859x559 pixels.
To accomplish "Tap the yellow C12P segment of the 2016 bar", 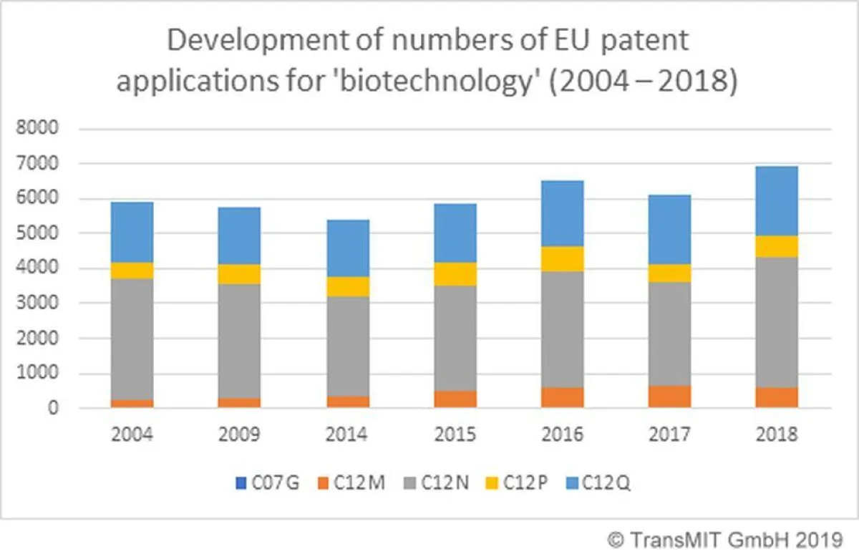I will point(562,259).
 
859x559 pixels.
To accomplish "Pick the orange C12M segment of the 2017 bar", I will point(669,397).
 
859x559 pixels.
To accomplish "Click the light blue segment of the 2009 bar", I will point(240,236).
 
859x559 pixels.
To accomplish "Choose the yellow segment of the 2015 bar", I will point(455,274).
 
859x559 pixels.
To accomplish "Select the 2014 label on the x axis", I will point(347,434).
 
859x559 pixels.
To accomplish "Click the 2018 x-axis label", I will point(777,434).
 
